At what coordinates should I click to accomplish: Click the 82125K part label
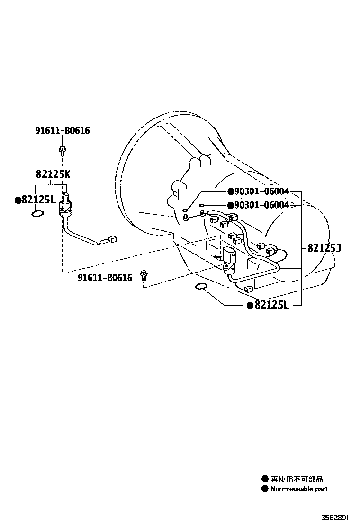(x=53, y=174)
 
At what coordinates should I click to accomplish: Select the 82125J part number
(x=324, y=248)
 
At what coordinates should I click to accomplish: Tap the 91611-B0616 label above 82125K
(x=63, y=130)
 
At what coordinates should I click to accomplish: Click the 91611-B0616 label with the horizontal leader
(x=105, y=278)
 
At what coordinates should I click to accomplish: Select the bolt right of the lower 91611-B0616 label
(x=144, y=276)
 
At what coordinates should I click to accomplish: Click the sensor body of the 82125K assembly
(x=66, y=206)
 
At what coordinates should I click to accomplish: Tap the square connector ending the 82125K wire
(x=113, y=239)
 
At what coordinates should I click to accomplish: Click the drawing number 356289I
(x=334, y=517)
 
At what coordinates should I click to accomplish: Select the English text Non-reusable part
(x=299, y=489)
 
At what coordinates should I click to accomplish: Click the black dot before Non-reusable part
(x=265, y=489)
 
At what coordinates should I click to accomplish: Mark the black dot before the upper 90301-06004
(x=231, y=191)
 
